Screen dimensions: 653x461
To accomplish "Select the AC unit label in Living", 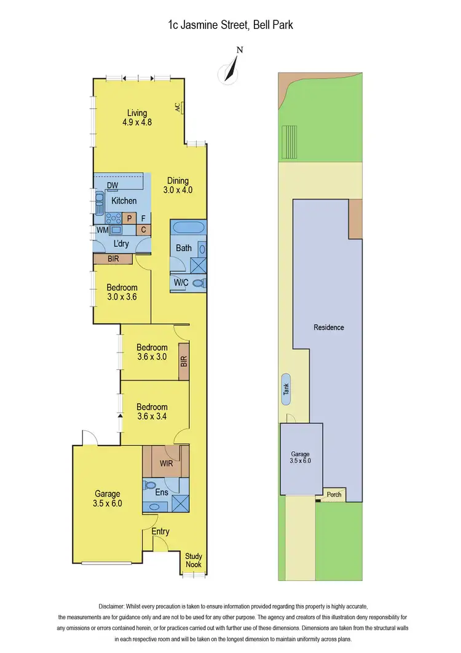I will [x=177, y=108].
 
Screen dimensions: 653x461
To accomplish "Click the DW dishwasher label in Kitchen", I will [x=112, y=186].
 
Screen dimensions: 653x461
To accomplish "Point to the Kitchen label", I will [x=124, y=201].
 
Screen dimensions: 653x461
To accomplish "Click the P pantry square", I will [x=129, y=218].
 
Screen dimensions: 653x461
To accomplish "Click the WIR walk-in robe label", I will [x=166, y=462].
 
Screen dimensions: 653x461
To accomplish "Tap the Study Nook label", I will [x=194, y=560].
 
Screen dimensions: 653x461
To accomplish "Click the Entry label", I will [x=160, y=532].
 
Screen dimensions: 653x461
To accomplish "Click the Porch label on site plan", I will [x=334, y=494].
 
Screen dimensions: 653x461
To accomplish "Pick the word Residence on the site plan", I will [x=329, y=327].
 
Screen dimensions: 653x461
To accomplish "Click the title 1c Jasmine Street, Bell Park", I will [x=230, y=25].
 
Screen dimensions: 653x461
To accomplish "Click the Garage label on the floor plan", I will [x=108, y=498].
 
